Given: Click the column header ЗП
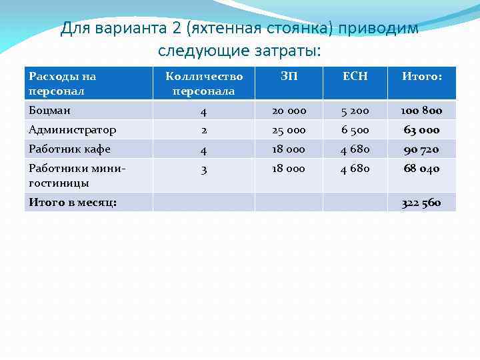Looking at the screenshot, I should point(289,77).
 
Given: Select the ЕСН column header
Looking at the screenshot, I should point(355,77).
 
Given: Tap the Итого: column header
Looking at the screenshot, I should point(421,77).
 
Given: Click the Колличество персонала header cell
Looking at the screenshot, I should point(203,83).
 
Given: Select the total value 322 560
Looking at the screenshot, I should point(421,203).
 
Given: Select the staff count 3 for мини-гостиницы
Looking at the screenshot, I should point(203,169).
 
